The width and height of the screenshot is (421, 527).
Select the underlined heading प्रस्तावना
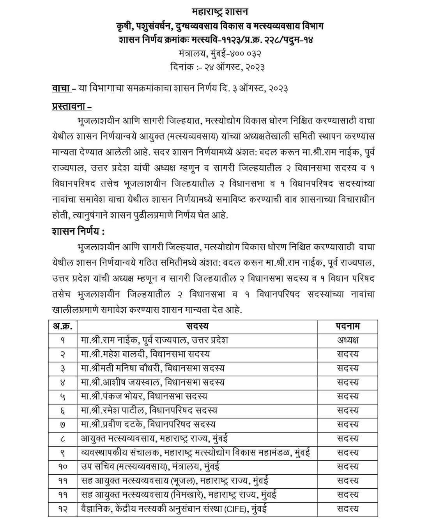click(72, 107)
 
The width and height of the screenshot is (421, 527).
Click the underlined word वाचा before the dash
click(61, 88)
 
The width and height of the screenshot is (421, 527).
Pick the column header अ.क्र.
click(63, 326)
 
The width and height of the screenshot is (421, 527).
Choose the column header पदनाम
click(348, 326)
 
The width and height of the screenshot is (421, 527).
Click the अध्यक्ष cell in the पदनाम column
click(348, 340)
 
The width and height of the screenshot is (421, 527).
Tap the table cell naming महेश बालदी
click(145, 354)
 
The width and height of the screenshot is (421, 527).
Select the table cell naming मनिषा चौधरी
click(152, 368)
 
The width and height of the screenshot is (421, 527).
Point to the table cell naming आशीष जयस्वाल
click(153, 382)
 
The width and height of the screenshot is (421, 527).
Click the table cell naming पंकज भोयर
click(144, 396)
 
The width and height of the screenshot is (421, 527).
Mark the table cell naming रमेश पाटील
click(149, 410)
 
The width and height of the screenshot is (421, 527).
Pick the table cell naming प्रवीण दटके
click(148, 424)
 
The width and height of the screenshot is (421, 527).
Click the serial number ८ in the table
click(63, 439)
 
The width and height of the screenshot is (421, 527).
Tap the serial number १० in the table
click(63, 467)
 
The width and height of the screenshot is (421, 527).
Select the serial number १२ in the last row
click(63, 509)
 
